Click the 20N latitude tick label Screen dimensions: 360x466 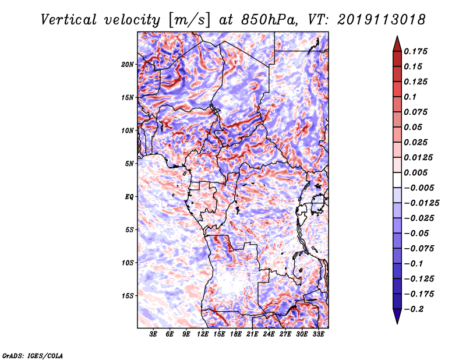tap(128, 64)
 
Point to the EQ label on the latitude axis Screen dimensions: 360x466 tap(129, 197)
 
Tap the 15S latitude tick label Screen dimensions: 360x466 tap(128, 296)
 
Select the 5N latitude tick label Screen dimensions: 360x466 tap(129, 164)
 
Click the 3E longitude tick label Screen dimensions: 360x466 tap(154, 334)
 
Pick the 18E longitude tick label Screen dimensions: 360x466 tap(236, 334)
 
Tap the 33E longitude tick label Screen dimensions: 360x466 tap(318, 334)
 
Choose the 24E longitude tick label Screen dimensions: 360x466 tap(269, 334)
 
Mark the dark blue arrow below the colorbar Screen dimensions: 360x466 tap(397, 317)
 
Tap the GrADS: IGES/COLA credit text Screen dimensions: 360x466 tap(32, 354)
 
